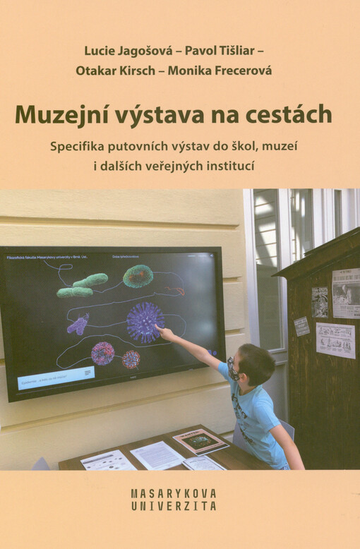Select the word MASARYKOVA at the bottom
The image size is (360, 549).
coord(174,493)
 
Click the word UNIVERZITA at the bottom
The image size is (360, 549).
coord(174,506)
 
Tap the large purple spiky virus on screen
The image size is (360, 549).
coord(145,322)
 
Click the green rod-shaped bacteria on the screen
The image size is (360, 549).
coord(83,285)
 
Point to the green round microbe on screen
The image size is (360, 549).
coord(138,276)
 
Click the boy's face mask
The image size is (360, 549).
coord(233,369)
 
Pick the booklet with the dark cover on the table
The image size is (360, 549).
coord(201,440)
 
